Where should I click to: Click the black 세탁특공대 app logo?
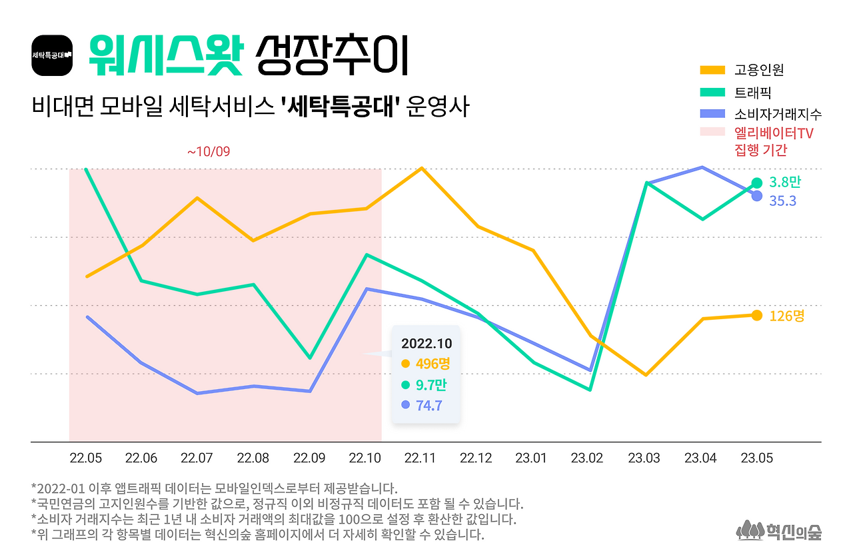tap(52, 55)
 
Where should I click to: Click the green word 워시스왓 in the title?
tap(163, 55)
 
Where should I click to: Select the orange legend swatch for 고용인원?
tap(712, 70)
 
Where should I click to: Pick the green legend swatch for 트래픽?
tap(712, 92)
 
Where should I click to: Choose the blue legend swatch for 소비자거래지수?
tap(712, 113)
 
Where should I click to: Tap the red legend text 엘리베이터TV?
tap(773, 133)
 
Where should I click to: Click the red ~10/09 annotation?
tap(208, 152)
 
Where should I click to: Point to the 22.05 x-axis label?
tap(86, 458)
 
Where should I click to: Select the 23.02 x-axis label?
tap(587, 458)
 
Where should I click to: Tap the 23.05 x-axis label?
tap(757, 458)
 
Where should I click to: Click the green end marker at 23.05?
tap(757, 183)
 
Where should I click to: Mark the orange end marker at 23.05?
tap(757, 315)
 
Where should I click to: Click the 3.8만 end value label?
tap(785, 182)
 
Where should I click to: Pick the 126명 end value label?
tap(786, 316)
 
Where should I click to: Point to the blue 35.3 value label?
tap(782, 201)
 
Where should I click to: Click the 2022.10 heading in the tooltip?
tap(426, 344)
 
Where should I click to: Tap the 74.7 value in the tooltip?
tap(429, 404)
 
